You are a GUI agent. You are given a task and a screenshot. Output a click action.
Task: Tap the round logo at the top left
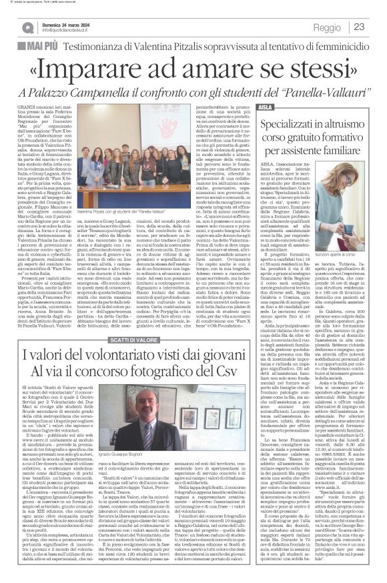[28, 27]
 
